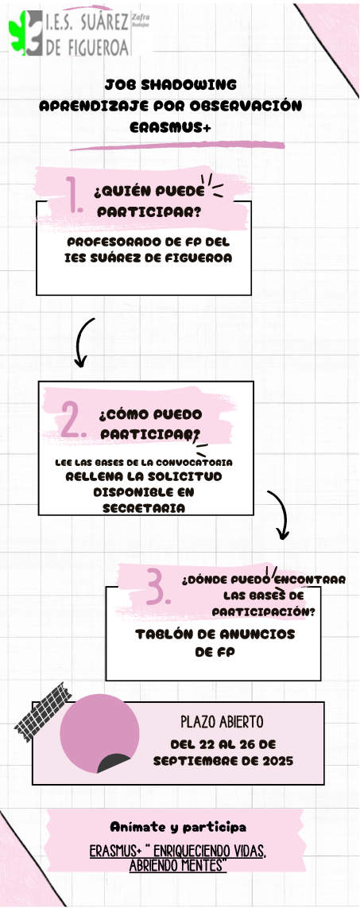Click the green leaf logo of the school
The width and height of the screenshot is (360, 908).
point(18,33)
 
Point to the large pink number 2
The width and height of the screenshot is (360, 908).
point(73,419)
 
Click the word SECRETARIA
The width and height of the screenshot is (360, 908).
point(144,508)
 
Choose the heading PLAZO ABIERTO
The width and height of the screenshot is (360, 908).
point(223,722)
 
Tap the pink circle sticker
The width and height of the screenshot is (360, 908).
point(99,733)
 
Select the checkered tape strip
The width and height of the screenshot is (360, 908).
point(43,712)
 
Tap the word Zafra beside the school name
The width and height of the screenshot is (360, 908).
point(140,18)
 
